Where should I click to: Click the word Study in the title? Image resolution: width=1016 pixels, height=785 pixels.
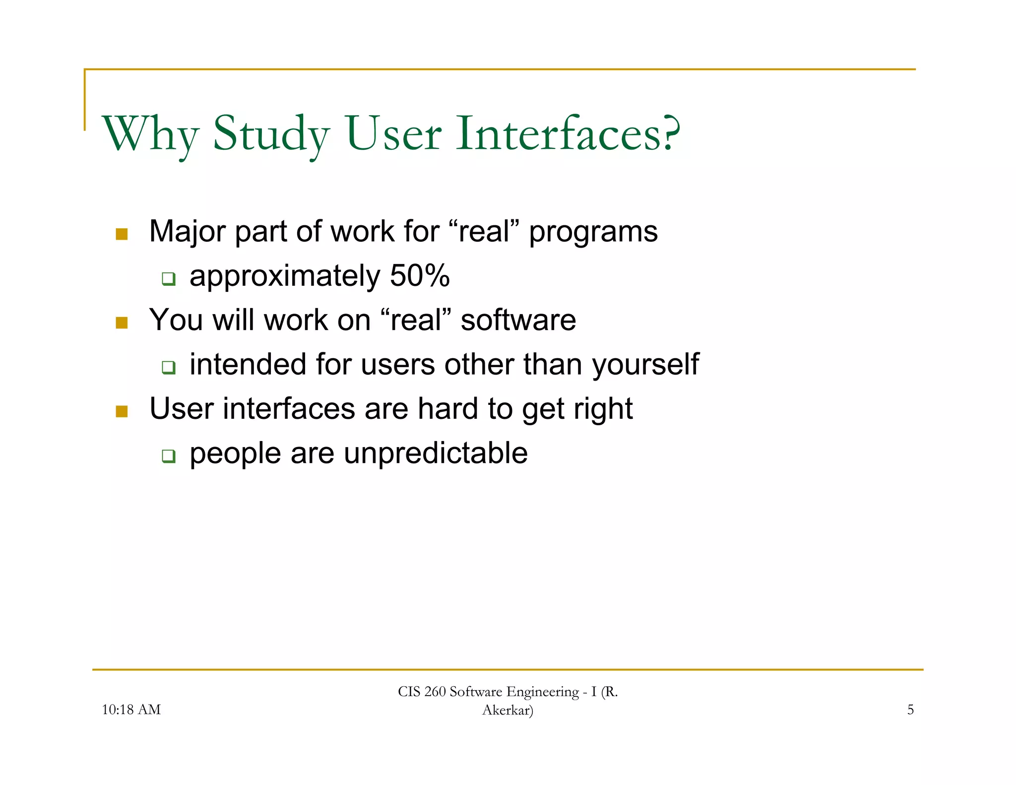271,134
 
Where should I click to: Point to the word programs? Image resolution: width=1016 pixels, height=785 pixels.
593,232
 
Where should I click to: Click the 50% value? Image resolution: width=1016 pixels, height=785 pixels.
420,276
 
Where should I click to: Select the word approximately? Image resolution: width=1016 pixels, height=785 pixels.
285,276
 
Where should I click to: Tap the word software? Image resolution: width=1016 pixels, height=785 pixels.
518,320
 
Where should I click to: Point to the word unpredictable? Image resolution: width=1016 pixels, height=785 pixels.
436,453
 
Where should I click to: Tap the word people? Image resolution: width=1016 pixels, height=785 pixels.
235,454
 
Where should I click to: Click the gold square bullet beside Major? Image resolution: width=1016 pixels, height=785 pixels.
122,234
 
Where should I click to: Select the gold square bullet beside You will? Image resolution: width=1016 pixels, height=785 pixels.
122,323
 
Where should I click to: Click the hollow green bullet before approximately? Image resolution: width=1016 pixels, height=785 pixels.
169,278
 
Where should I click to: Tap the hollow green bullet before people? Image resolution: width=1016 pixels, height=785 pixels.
169,456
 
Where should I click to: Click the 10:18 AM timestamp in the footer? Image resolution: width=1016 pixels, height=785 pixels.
131,710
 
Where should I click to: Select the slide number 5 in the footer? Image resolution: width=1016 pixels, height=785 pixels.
910,710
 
